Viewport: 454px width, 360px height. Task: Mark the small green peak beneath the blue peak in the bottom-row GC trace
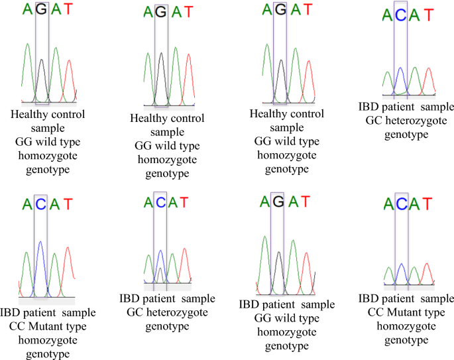pos(160,274)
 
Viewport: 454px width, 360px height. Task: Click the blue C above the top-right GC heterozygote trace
pos(400,14)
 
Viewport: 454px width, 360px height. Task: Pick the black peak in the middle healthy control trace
pos(161,73)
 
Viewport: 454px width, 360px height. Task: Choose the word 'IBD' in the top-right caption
pos(368,107)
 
